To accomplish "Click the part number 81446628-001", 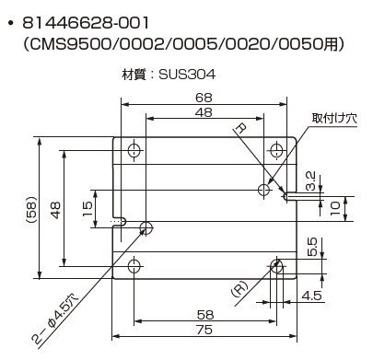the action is pyautogui.click(x=86, y=23).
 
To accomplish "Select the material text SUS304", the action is pyautogui.click(x=187, y=74).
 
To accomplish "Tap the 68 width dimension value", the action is pyautogui.click(x=204, y=98).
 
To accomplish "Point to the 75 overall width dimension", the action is pyautogui.click(x=204, y=330).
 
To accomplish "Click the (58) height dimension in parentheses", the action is pyautogui.click(x=31, y=210).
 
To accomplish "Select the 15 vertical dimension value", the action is pyautogui.click(x=87, y=209).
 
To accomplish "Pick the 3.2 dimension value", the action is pyautogui.click(x=310, y=180).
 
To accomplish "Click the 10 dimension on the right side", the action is pyautogui.click(x=335, y=208).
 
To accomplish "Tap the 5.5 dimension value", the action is pyautogui.click(x=311, y=247).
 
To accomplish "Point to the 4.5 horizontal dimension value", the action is pyautogui.click(x=312, y=296).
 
